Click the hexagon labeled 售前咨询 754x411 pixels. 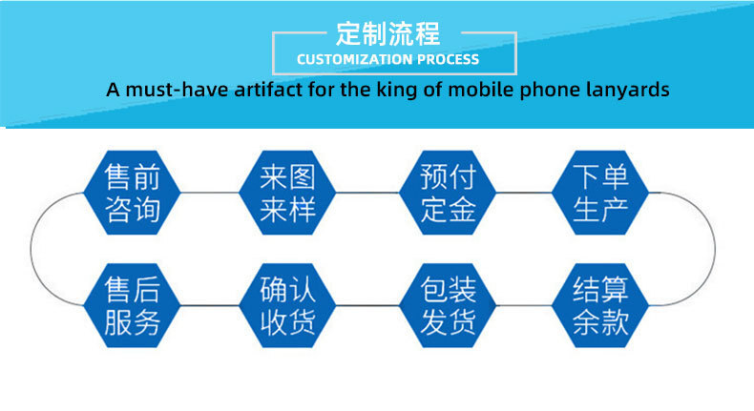pyautogui.click(x=133, y=193)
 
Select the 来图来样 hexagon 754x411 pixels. pyautogui.click(x=287, y=193)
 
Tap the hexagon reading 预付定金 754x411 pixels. pyautogui.click(x=448, y=193)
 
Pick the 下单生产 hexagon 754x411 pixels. pyautogui.click(x=600, y=193)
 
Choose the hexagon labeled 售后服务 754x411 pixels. pyautogui.click(x=133, y=305)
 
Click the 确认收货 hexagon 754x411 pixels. pyautogui.click(x=287, y=305)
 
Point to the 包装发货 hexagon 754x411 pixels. pyautogui.click(x=448, y=305)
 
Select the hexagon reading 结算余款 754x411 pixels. pyautogui.click(x=600, y=305)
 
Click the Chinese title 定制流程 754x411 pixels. pyautogui.click(x=388, y=33)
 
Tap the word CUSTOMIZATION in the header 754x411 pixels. pyautogui.click(x=354, y=59)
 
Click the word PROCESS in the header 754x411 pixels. pyautogui.click(x=448, y=59)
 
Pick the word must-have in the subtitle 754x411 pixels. pyautogui.click(x=177, y=90)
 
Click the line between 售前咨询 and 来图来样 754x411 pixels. pyautogui.click(x=210, y=193)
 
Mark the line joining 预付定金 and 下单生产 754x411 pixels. pyautogui.click(x=524, y=193)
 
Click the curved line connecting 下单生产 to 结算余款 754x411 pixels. pyautogui.click(x=715, y=249)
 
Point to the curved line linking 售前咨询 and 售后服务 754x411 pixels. pyautogui.click(x=31, y=249)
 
